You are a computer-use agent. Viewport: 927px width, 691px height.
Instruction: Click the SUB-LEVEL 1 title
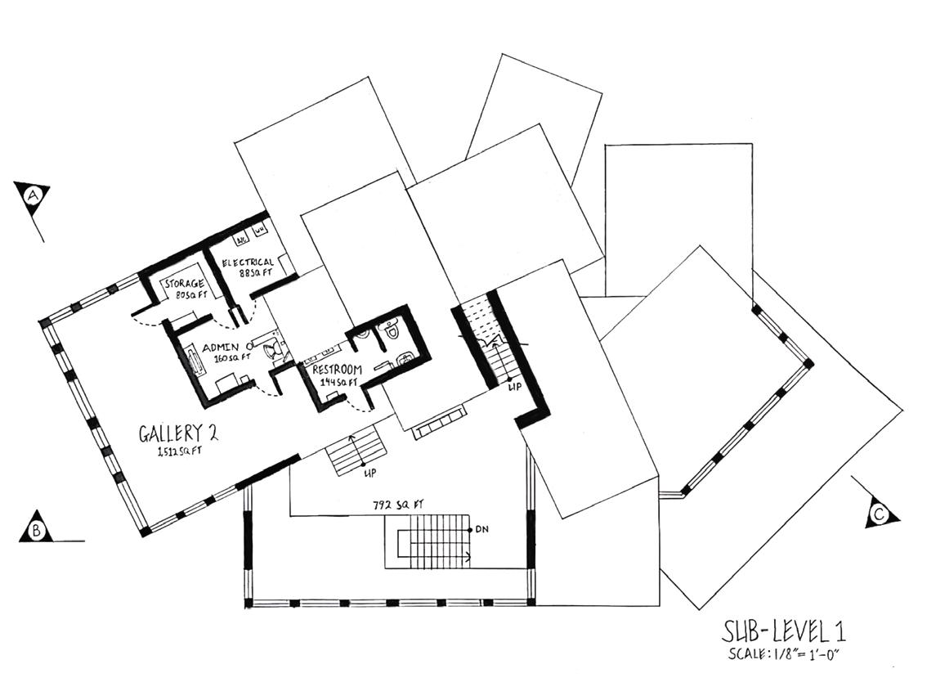coord(782,631)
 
